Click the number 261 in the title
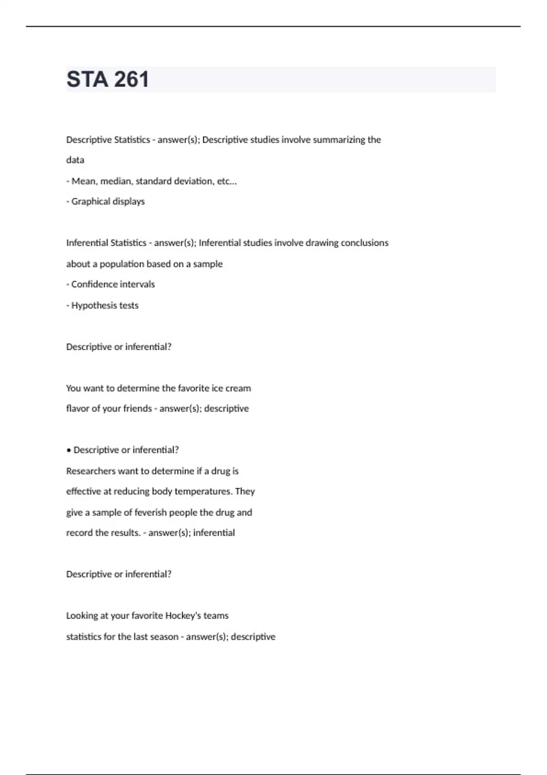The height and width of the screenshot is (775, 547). tap(131, 79)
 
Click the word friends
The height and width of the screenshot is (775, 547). tap(137, 408)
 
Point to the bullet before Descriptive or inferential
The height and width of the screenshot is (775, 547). tap(69, 450)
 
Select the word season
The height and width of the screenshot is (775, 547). tap(164, 637)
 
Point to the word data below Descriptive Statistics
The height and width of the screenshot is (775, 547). tap(75, 160)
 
